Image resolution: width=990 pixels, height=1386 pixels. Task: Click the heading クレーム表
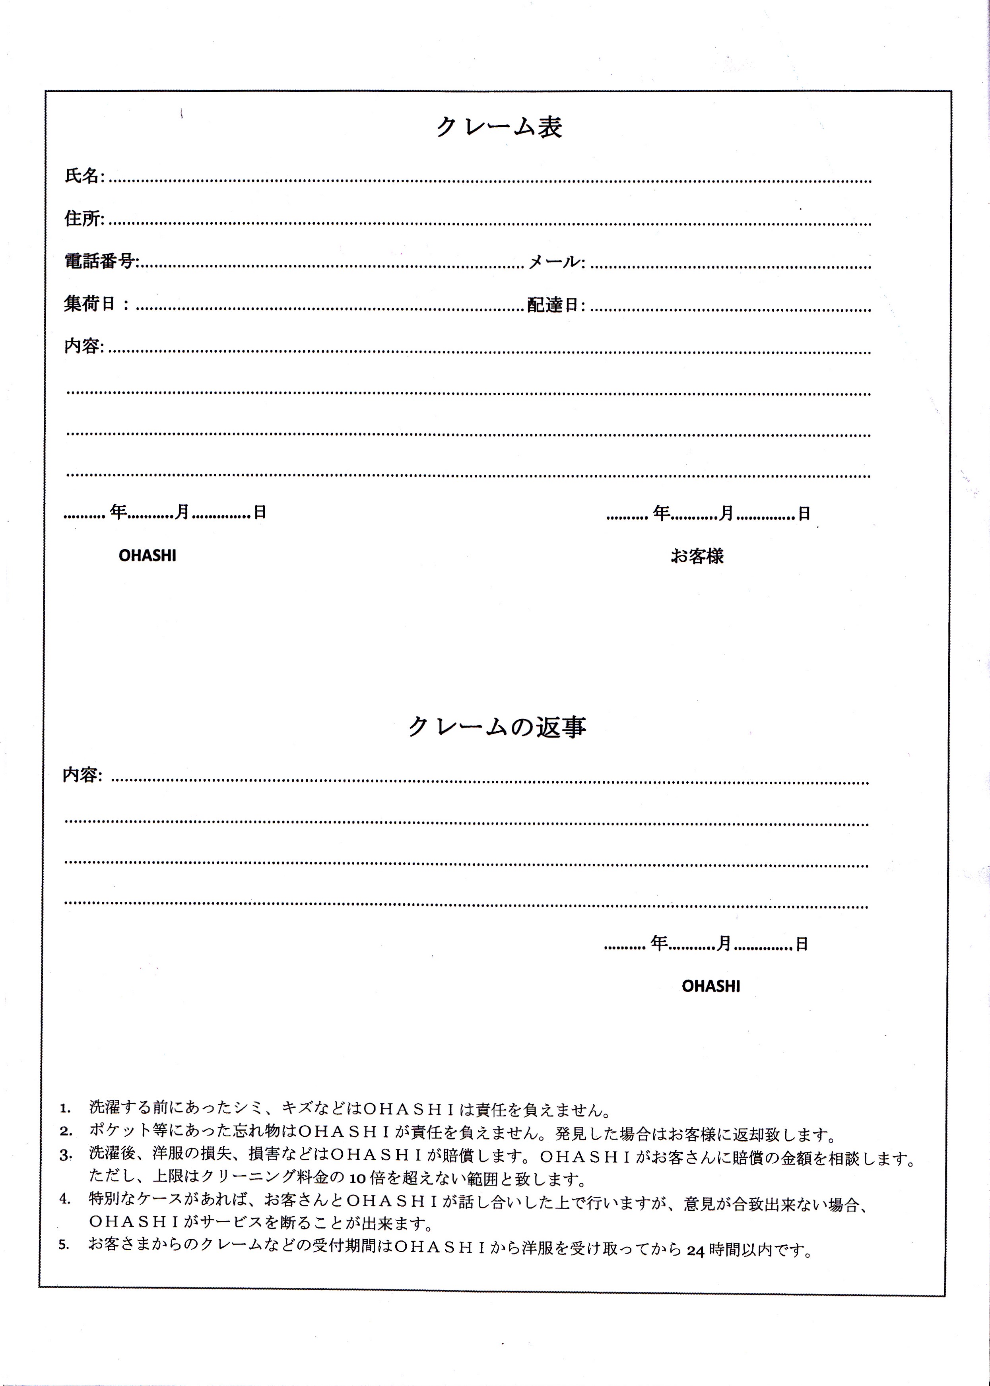499,127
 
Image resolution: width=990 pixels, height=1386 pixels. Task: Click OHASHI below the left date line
148,555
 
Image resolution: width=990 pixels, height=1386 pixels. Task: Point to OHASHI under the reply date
711,986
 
